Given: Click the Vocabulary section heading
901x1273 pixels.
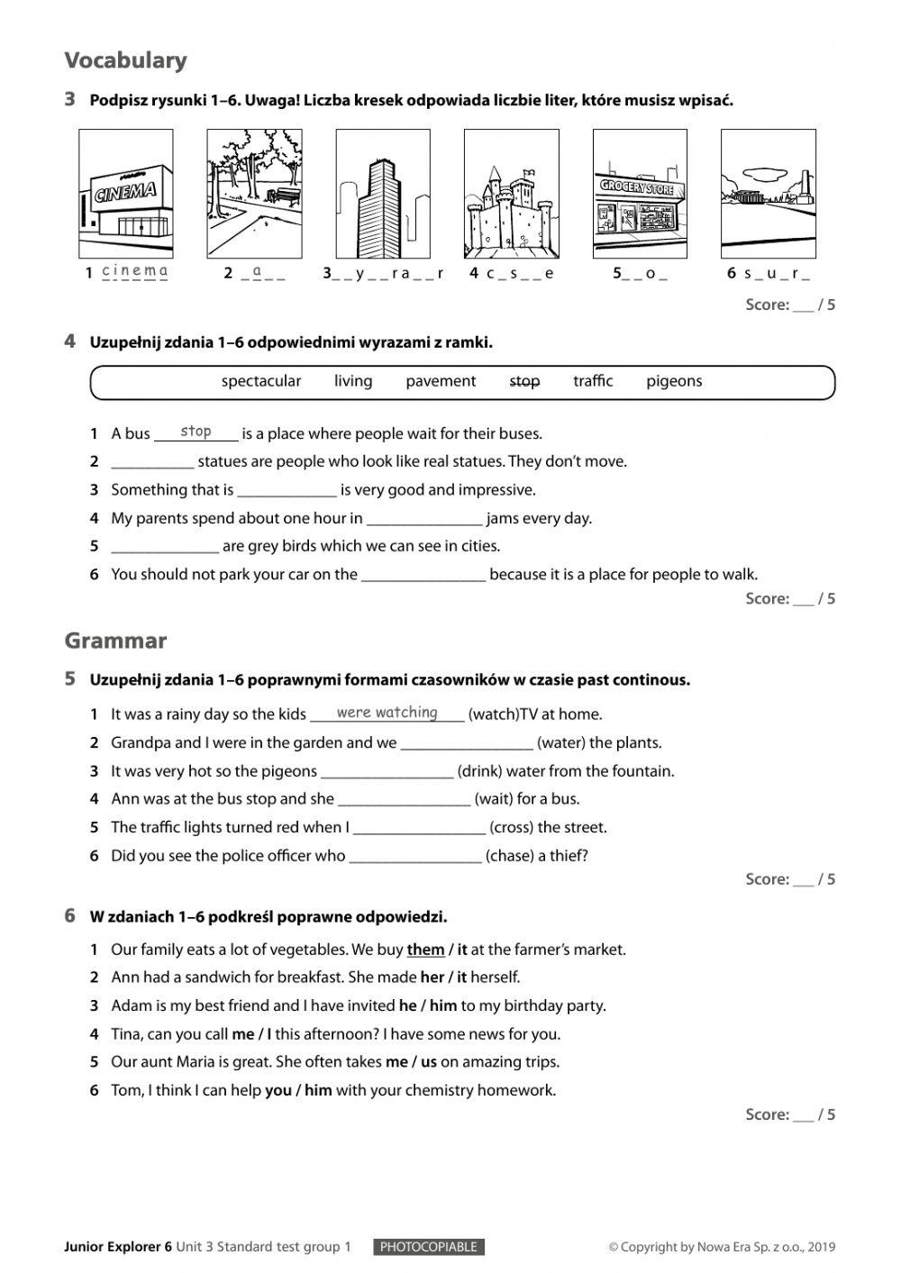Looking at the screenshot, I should [125, 60].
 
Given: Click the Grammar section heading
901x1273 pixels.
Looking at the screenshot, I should [115, 641].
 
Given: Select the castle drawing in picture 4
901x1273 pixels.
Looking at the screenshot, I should [510, 214].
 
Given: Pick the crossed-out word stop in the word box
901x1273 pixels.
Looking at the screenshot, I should [524, 381].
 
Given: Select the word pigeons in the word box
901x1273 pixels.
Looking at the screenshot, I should [673, 381].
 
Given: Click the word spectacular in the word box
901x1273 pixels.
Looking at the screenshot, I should [261, 381].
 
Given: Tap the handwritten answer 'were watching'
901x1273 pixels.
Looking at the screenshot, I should [387, 713].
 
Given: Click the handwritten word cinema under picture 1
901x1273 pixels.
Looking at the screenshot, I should [134, 270].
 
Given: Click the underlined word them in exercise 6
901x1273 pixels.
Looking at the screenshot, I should [425, 949].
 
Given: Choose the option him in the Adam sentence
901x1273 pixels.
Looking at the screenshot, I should [442, 1005].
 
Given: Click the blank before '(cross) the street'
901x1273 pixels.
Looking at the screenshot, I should [419, 827].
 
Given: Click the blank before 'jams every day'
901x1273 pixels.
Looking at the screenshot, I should [424, 519].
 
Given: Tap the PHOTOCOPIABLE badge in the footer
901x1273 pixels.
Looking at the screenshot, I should [428, 1247].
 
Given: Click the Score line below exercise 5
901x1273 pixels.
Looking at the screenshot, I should [789, 878].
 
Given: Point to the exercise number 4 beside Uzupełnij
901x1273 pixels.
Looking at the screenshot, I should [70, 341].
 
